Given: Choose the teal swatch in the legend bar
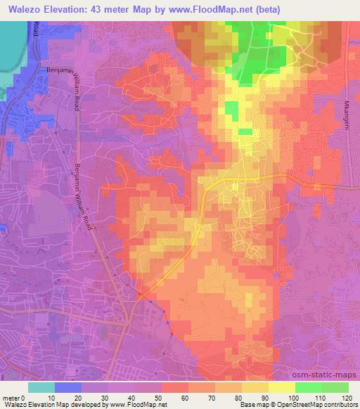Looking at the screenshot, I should coord(41,387).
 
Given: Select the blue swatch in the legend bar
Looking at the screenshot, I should coord(68,387).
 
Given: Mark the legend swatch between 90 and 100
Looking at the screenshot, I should coord(281,387).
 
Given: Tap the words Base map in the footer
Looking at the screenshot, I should coord(250,405).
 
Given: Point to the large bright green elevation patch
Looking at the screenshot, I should coord(257,35).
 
